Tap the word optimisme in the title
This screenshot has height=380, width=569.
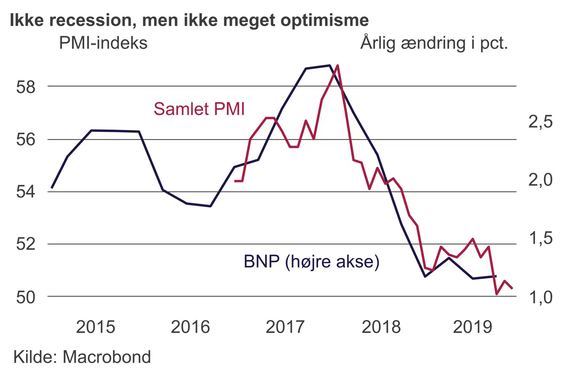pyautogui.click(x=324, y=21)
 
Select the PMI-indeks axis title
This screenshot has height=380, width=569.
pyautogui.click(x=103, y=43)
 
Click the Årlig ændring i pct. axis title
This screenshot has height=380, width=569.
pyautogui.click(x=434, y=43)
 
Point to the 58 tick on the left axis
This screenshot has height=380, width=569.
pyautogui.click(x=26, y=87)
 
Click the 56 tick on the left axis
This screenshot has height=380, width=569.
pyautogui.click(x=26, y=139)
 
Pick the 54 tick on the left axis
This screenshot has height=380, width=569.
pyautogui.click(x=26, y=192)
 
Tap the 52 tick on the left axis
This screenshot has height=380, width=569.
pyautogui.click(x=26, y=244)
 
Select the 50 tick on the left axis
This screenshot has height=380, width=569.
pyautogui.click(x=26, y=297)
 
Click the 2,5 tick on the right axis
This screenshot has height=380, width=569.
pyautogui.click(x=541, y=122)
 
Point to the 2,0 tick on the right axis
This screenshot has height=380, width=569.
pyautogui.click(x=541, y=180)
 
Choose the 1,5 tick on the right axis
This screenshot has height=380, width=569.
pyautogui.click(x=541, y=238)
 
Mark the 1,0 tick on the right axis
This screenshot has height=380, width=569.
pyautogui.click(x=541, y=297)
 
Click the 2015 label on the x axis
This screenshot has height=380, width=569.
pyautogui.click(x=95, y=327)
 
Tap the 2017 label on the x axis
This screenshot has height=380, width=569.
pyautogui.click(x=285, y=327)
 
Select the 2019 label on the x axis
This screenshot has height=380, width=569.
pyautogui.click(x=473, y=327)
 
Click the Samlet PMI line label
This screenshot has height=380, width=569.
pyautogui.click(x=199, y=109)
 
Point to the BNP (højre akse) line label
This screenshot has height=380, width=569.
pyautogui.click(x=311, y=262)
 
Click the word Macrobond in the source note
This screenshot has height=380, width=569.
pyautogui.click(x=107, y=357)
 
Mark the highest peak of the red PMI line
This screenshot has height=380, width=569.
pyautogui.click(x=337, y=65)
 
